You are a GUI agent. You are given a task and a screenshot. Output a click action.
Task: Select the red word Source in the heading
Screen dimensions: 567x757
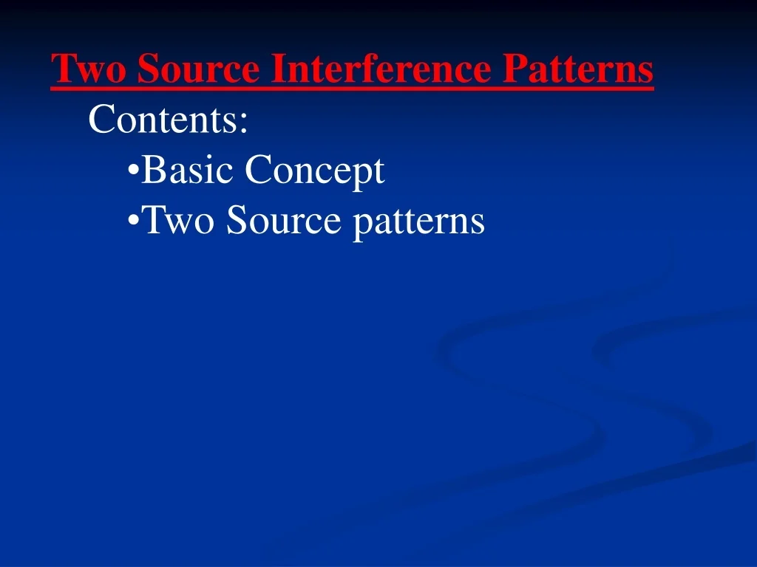[198, 69]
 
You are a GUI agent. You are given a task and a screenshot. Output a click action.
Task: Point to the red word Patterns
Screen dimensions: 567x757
[578, 69]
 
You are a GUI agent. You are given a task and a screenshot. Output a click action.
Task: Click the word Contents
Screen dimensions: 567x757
[163, 120]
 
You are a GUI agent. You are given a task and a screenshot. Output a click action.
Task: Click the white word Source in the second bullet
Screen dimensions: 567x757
[285, 221]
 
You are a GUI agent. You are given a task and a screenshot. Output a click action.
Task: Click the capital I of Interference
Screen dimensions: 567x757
[276, 69]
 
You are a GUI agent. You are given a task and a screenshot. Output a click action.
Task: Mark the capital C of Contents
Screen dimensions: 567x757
[100, 120]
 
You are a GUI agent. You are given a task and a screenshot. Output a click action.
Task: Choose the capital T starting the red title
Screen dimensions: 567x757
[61, 69]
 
